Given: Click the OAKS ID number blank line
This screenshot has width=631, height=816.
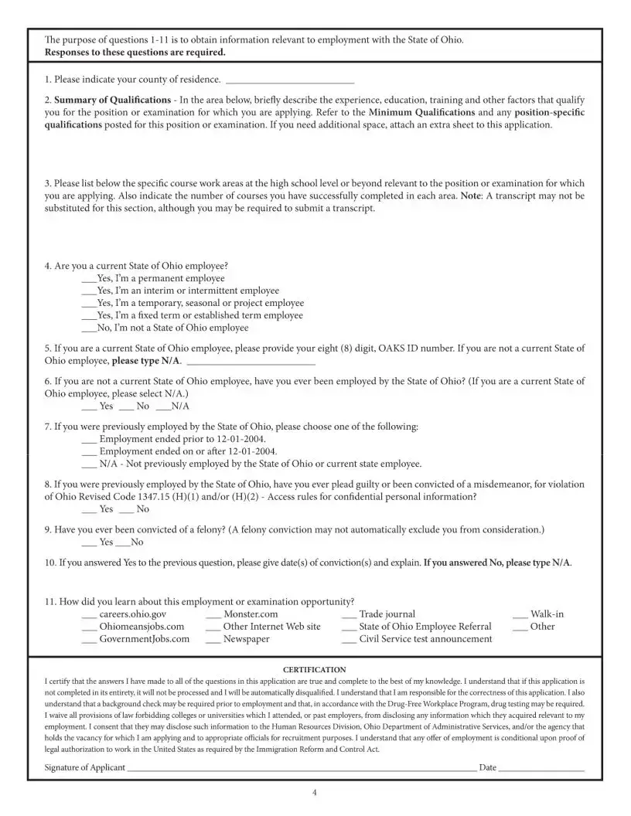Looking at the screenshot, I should [251, 362].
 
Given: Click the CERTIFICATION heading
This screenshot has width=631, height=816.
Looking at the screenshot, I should [315, 669].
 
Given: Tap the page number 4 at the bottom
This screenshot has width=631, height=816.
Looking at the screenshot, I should [315, 794].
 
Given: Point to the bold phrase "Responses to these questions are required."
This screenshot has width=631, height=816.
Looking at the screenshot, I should [135, 53].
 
